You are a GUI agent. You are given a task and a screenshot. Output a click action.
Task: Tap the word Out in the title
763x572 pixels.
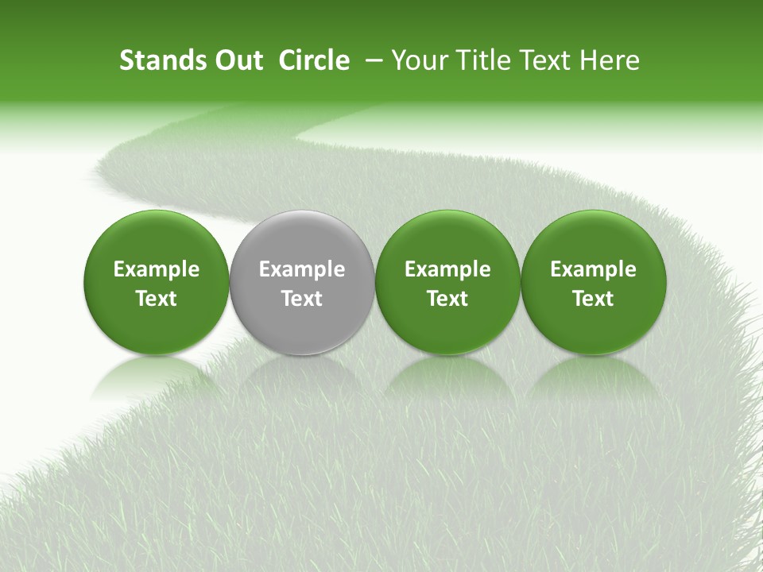tap(236, 60)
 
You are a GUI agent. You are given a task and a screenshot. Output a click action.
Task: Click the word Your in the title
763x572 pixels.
tap(418, 60)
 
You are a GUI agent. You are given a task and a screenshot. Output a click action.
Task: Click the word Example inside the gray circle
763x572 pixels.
tap(302, 269)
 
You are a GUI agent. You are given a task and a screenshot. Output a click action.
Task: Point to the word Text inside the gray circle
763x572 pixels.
tap(302, 299)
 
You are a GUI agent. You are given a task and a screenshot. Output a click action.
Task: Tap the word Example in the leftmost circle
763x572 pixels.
tap(157, 269)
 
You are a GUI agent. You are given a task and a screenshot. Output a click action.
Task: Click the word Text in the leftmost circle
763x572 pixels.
tap(157, 299)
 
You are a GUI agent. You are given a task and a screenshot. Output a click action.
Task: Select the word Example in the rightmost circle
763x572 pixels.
tap(593, 269)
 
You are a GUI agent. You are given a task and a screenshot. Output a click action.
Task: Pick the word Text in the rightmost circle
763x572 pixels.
tap(593, 299)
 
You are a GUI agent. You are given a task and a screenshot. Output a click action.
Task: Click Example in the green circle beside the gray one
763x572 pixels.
tap(447, 269)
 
